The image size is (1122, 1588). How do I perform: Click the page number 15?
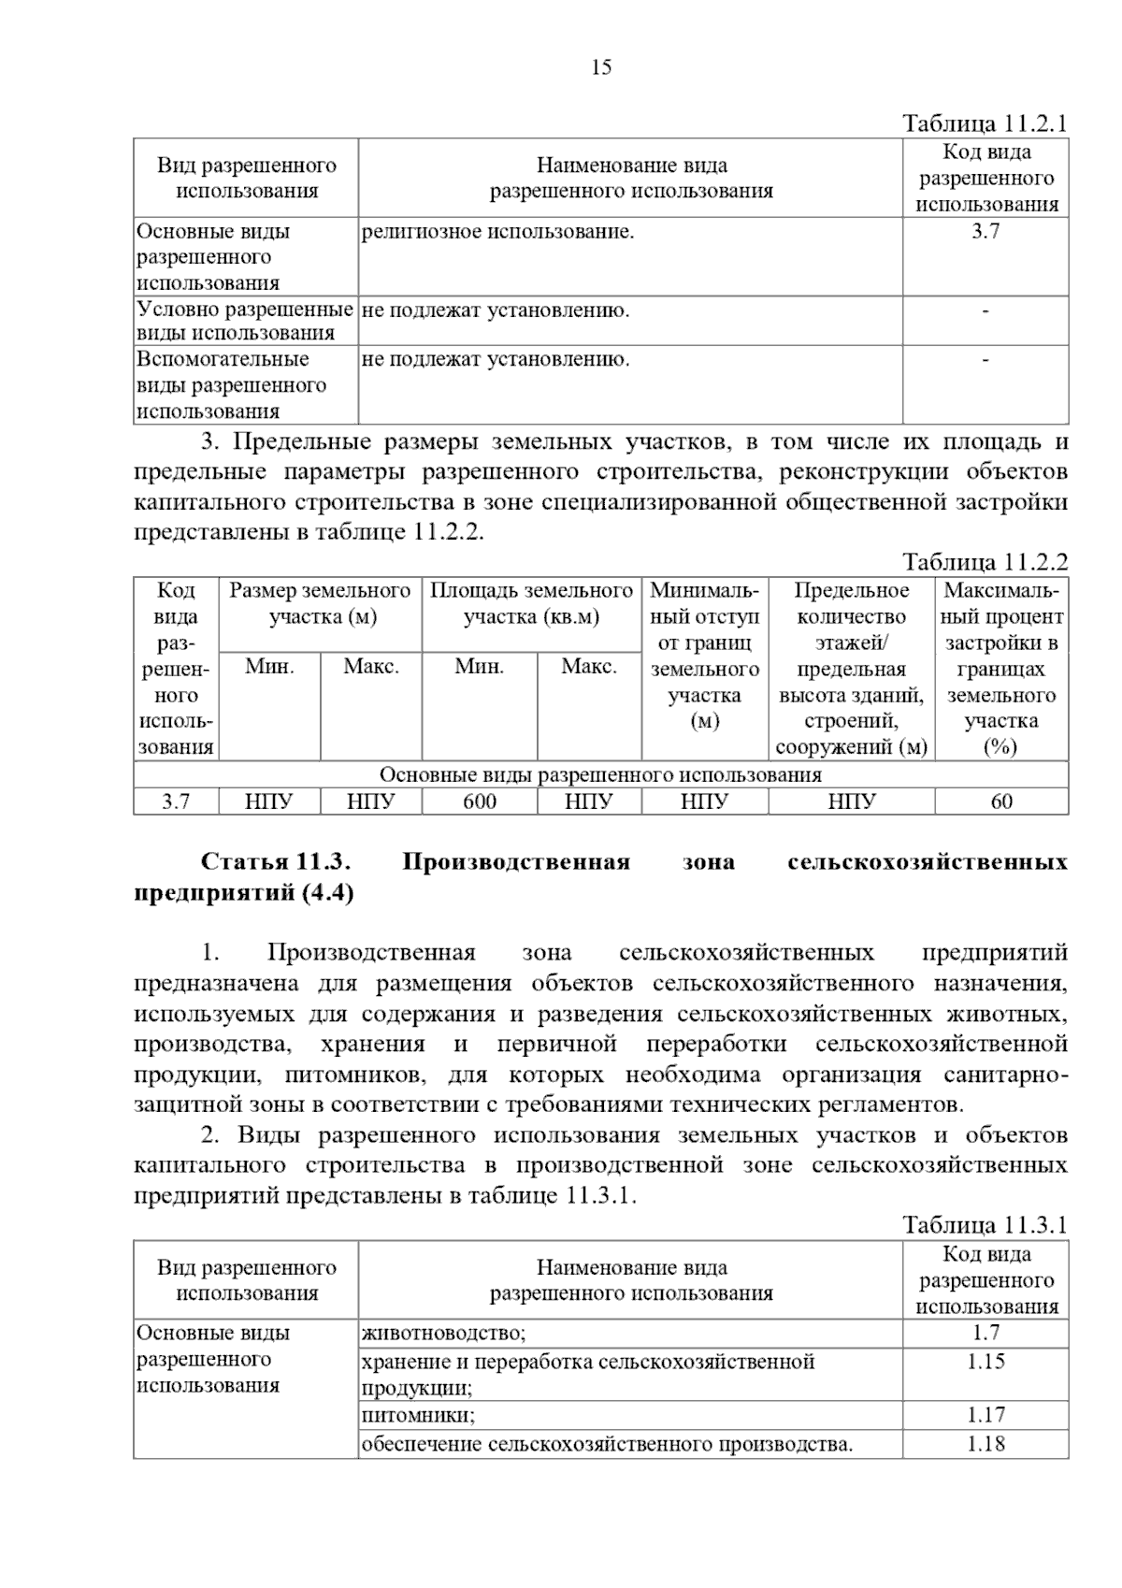[601, 66]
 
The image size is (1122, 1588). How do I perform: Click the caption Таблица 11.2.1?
[984, 124]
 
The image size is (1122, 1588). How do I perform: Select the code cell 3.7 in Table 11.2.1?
[985, 232]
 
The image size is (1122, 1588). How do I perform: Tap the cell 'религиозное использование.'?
[497, 232]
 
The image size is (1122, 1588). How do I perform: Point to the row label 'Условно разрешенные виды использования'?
[245, 321]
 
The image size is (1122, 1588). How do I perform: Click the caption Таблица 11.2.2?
[984, 562]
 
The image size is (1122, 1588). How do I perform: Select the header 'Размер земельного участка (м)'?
[320, 603]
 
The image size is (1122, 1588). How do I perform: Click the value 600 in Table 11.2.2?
[480, 801]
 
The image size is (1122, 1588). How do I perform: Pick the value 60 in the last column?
[1000, 801]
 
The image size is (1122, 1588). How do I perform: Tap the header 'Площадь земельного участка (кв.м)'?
[531, 603]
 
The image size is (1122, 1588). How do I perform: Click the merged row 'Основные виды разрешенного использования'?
[600, 774]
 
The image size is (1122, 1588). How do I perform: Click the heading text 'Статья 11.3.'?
[275, 861]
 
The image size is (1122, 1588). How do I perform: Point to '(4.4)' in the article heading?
[327, 893]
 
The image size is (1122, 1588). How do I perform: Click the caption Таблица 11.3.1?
[984, 1225]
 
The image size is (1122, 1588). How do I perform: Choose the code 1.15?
[985, 1362]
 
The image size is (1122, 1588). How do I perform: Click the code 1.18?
[985, 1444]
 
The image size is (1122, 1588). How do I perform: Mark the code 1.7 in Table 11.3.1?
[985, 1334]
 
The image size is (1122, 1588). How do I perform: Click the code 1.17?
[985, 1415]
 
